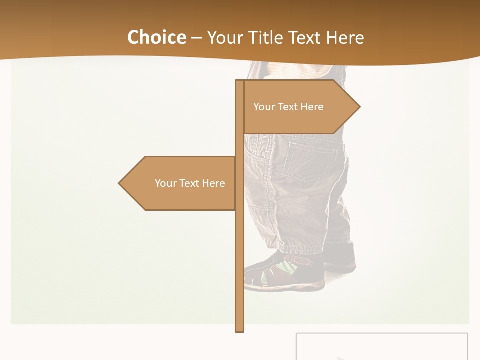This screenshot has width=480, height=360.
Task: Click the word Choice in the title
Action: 156,37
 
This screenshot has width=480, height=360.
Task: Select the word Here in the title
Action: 345,37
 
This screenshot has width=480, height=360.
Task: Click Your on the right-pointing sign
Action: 264,107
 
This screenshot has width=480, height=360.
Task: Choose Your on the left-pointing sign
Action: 165,183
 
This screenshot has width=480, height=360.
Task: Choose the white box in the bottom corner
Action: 382,346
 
